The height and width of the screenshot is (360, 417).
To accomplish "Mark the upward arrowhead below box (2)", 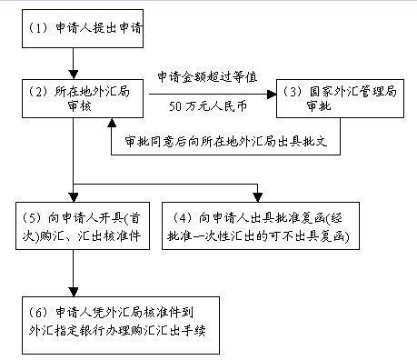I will pyautogui.click(x=111, y=122).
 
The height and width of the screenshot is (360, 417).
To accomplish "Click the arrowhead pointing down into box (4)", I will pyautogui.click(x=259, y=197).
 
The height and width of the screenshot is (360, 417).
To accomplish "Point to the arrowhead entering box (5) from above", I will pyautogui.click(x=72, y=197).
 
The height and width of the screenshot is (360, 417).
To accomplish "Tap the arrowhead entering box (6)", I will pyautogui.click(x=72, y=290).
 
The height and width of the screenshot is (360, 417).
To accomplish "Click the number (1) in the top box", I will pyautogui.click(x=38, y=30).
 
